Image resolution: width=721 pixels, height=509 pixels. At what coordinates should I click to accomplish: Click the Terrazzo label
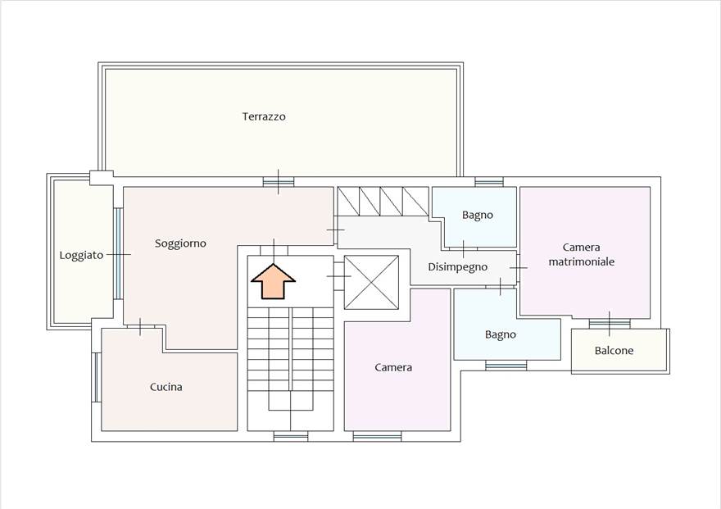264,116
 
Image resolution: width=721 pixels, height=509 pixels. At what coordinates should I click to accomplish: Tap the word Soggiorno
180,243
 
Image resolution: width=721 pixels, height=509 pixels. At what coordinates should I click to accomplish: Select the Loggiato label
81,255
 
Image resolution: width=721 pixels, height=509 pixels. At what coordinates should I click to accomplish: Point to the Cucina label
166,387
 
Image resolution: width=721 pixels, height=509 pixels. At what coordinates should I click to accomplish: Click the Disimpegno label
458,266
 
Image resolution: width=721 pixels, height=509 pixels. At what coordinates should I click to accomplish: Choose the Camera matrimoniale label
582,254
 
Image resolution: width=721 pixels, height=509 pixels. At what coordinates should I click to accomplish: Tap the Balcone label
614,351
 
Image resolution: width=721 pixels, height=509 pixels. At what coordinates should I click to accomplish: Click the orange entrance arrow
273,281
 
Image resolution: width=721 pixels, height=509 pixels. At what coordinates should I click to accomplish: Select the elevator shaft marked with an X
371,283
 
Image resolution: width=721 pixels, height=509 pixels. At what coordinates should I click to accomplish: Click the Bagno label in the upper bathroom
478,215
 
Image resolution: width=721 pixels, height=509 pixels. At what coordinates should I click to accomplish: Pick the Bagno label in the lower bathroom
501,334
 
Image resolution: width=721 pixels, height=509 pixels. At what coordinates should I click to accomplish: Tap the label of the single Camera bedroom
393,367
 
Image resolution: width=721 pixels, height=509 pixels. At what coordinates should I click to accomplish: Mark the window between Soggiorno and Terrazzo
278,181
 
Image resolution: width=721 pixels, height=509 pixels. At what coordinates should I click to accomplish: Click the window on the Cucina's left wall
96,377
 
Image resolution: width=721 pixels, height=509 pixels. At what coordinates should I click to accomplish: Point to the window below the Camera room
377,436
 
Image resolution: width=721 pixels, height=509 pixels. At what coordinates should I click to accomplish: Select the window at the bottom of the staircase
291,436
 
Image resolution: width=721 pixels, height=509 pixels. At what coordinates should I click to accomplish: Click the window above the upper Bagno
489,182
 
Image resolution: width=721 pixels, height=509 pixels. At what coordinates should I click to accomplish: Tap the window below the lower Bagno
506,366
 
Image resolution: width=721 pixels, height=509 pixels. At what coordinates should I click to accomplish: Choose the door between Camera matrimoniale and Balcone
610,323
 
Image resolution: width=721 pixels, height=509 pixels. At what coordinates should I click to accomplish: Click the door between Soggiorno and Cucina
141,327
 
